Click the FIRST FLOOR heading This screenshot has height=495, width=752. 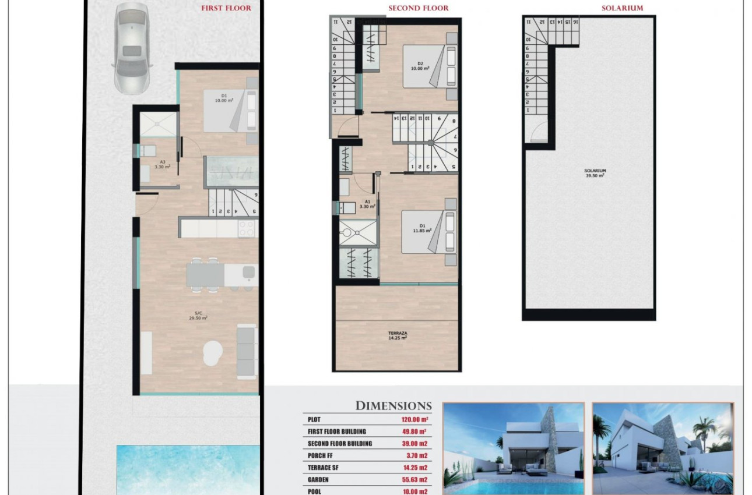(x=226, y=8)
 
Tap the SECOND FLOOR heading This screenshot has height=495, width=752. (x=419, y=8)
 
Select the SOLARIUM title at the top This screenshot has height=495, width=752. (x=623, y=8)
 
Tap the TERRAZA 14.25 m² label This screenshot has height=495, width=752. (x=398, y=336)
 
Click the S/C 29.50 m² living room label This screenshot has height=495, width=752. (x=199, y=316)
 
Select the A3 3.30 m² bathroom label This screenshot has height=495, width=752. (x=162, y=164)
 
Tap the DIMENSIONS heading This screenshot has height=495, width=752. (x=393, y=406)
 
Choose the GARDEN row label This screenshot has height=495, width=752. (x=318, y=480)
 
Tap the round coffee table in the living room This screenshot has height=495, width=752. (x=213, y=353)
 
